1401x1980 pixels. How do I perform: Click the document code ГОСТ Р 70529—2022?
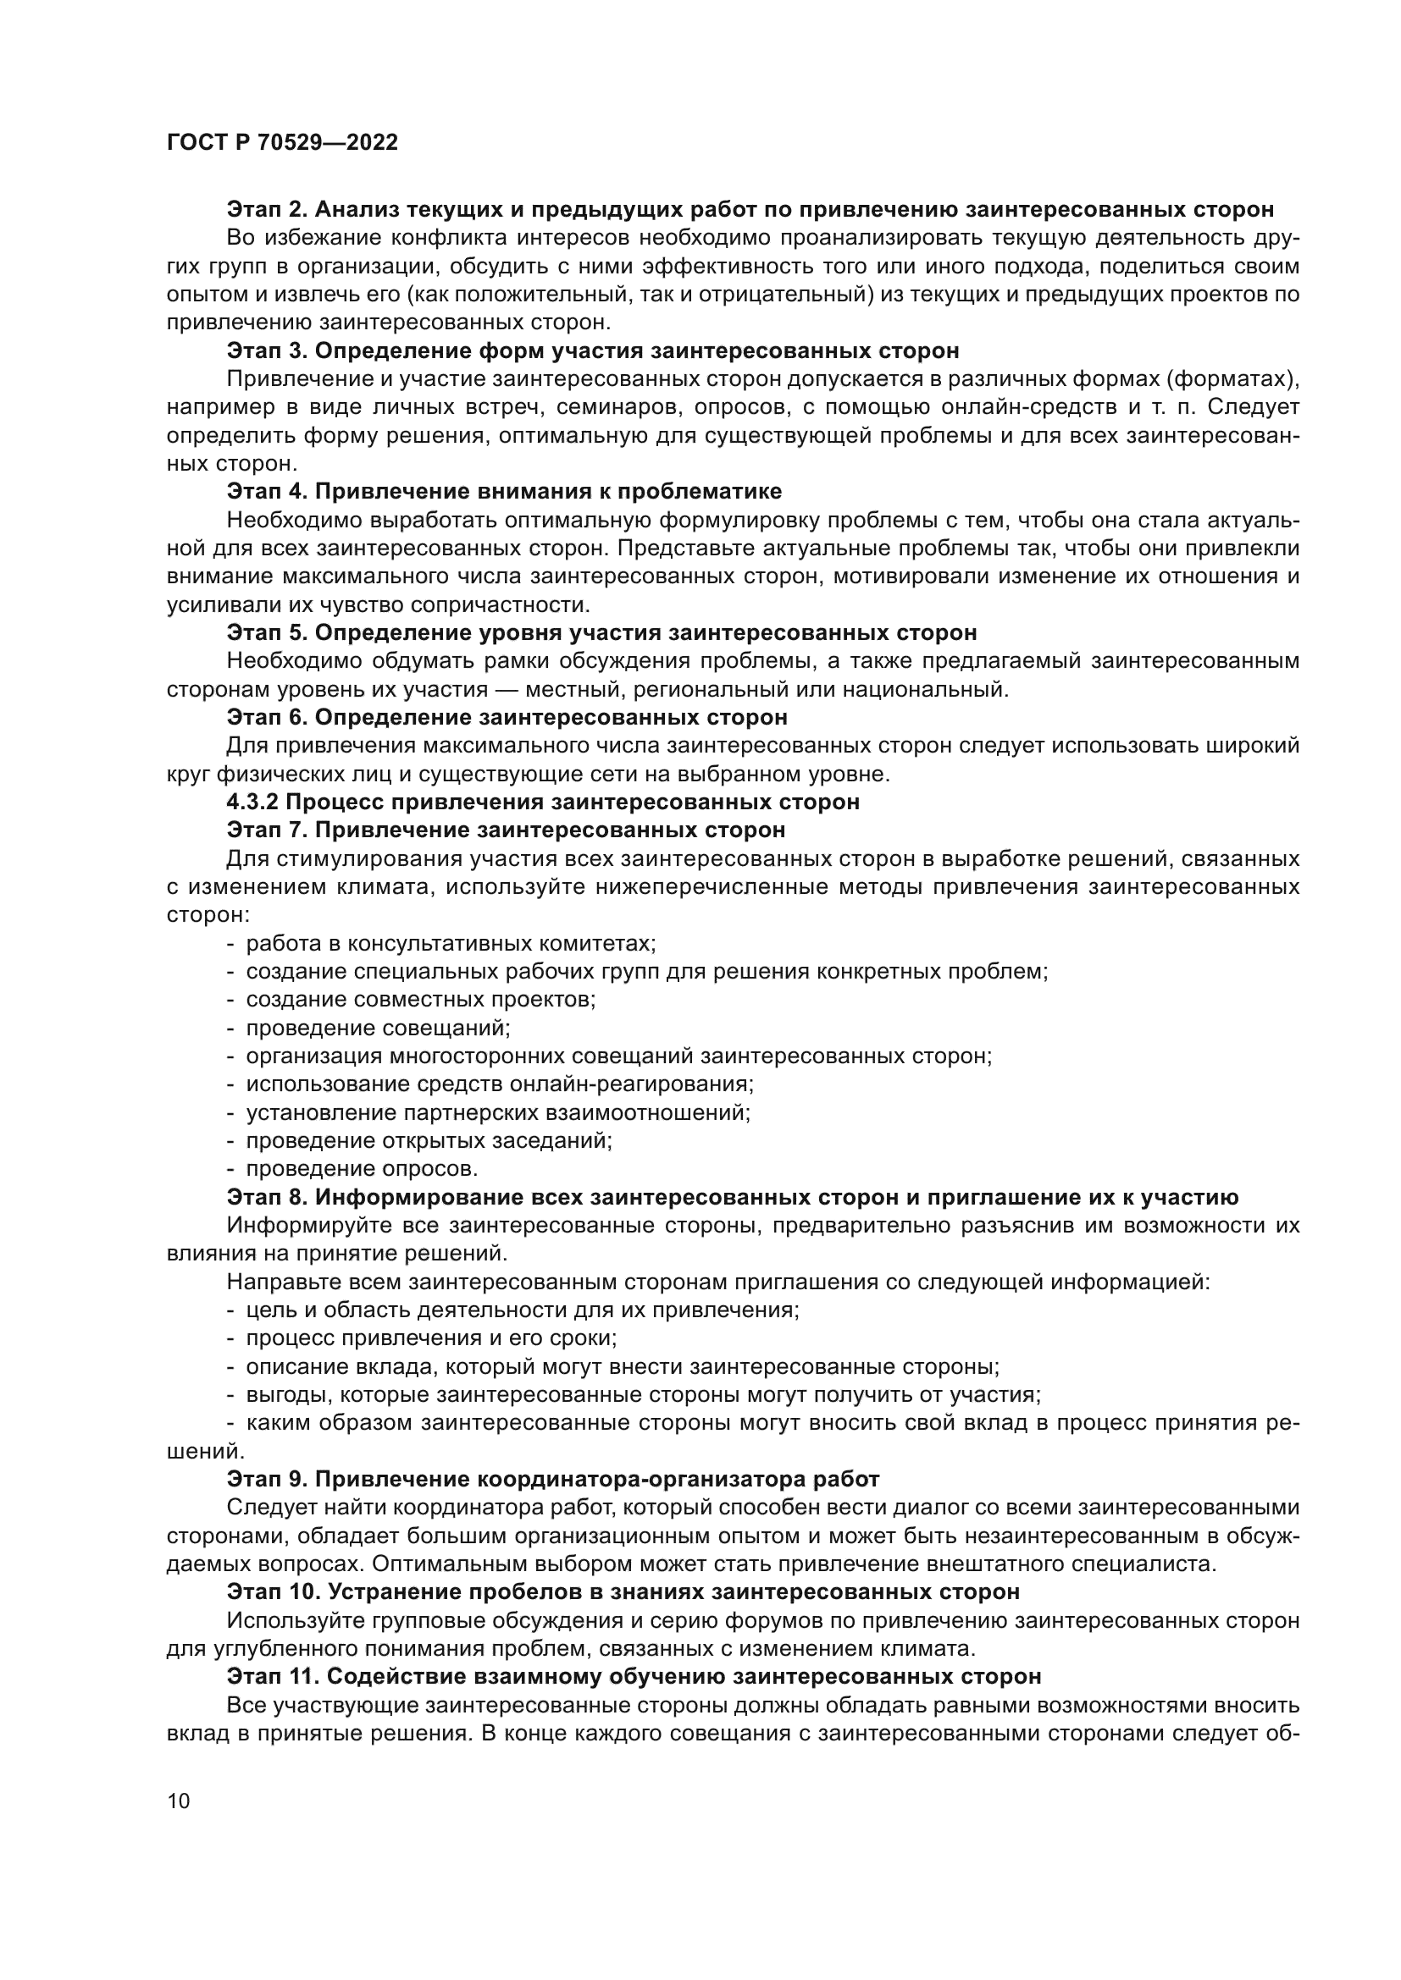[x=282, y=142]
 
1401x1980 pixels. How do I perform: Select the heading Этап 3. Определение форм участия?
[x=593, y=351]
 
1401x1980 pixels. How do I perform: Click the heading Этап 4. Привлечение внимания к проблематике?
[x=504, y=492]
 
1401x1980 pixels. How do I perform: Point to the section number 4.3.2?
[x=252, y=802]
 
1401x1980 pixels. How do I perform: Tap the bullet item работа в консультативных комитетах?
[x=451, y=943]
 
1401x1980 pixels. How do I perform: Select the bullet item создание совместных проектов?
[x=421, y=1000]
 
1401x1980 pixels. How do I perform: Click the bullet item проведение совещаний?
[x=378, y=1028]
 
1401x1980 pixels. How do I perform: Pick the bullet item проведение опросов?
[x=362, y=1169]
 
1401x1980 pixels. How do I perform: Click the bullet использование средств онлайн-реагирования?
[x=500, y=1084]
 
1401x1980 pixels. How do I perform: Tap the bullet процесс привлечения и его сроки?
[x=430, y=1338]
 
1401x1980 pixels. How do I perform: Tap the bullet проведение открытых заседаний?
[x=429, y=1141]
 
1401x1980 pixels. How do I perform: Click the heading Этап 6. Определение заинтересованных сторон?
[x=507, y=718]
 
